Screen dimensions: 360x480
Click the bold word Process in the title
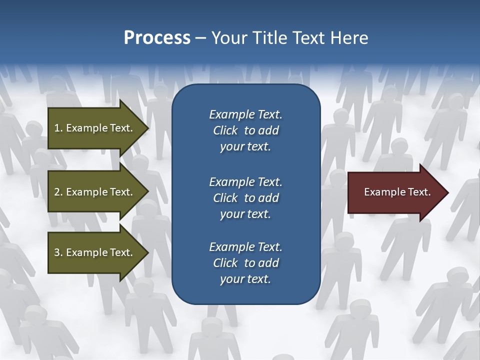coord(157,38)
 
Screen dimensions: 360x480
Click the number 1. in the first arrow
coord(58,128)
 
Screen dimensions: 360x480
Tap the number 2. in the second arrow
coord(58,192)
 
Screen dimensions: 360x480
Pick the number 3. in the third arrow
coord(58,252)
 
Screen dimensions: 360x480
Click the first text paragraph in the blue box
coord(245,130)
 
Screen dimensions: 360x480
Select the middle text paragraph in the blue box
coord(245,197)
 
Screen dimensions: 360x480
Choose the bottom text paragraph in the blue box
coord(245,263)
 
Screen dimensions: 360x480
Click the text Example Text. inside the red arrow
coord(397,192)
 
